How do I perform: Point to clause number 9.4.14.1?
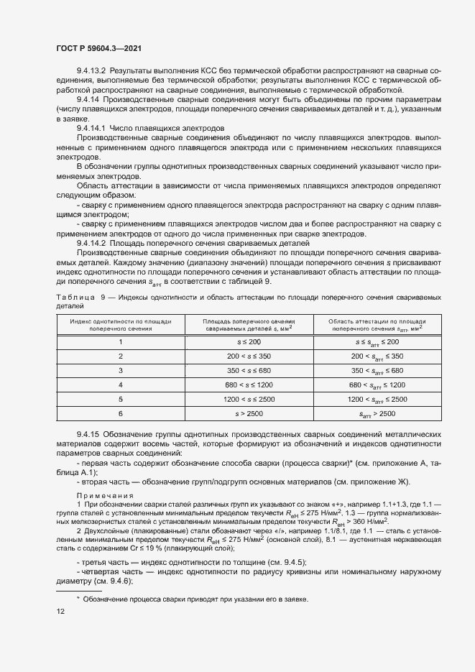tap(91, 126)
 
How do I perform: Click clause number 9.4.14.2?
tap(91, 243)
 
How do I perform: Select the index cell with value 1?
tap(121, 341)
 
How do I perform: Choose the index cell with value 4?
tap(121, 385)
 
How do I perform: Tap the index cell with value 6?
tap(121, 413)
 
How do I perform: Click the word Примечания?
tap(105, 495)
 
